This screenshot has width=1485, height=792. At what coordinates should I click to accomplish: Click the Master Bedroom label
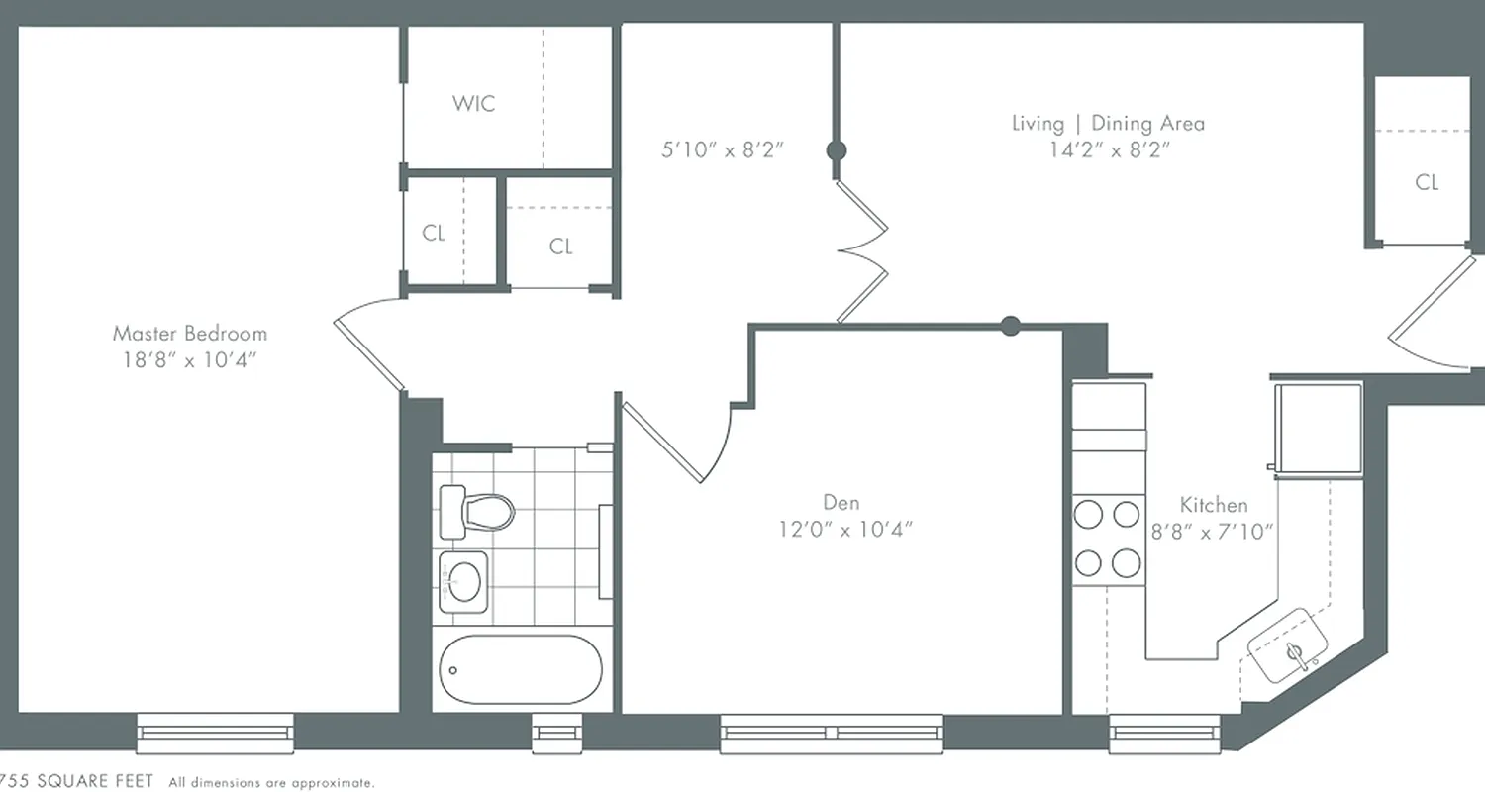click(x=189, y=333)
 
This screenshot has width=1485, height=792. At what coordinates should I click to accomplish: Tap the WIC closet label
click(x=473, y=103)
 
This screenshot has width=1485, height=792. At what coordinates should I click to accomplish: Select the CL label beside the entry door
click(x=1426, y=182)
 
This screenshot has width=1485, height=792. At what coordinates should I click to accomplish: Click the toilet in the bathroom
click(x=478, y=511)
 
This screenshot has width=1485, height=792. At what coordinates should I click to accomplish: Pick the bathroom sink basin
click(x=463, y=577)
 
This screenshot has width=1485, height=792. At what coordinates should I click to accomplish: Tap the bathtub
click(x=520, y=669)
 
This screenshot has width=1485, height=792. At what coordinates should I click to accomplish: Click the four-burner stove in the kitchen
click(x=1108, y=539)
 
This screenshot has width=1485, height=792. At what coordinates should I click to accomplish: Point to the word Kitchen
click(x=1213, y=505)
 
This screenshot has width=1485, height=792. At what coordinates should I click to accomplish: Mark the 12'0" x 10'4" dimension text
click(x=844, y=529)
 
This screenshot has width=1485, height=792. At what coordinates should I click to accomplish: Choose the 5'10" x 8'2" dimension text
click(x=723, y=151)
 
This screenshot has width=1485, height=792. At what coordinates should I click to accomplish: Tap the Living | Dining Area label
click(x=1108, y=123)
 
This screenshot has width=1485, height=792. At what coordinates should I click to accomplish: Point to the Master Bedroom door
click(x=368, y=351)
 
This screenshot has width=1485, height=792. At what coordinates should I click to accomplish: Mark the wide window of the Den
click(x=831, y=734)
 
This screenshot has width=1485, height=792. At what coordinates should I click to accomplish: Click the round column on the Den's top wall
click(x=1010, y=326)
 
